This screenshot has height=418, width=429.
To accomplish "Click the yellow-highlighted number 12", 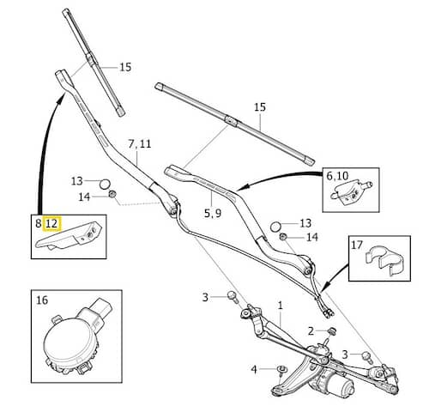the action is click(x=51, y=223).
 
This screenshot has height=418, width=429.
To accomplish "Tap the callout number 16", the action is click(x=42, y=300).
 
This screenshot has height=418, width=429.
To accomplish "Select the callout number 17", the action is click(x=357, y=245).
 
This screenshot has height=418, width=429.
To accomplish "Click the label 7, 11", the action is click(x=140, y=143).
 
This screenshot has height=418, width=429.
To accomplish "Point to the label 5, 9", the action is click(x=213, y=213).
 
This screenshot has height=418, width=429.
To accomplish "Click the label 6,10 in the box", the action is click(x=337, y=176).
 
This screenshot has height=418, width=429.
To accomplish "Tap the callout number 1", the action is click(x=281, y=306).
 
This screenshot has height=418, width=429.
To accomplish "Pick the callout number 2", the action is click(x=311, y=331).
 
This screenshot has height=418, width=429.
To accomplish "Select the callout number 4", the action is click(x=254, y=370).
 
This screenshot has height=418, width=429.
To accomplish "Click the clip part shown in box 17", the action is click(x=384, y=263).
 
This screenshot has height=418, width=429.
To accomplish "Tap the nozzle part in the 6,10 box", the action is click(x=351, y=192).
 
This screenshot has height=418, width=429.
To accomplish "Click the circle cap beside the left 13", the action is click(x=105, y=184).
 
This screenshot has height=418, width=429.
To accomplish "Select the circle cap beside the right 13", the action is click(x=275, y=227).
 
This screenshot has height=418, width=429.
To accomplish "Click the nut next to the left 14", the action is click(x=112, y=194).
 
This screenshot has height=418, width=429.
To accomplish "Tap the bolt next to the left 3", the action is click(x=233, y=297).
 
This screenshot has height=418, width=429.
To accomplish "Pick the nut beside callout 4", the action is click(x=282, y=369).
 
